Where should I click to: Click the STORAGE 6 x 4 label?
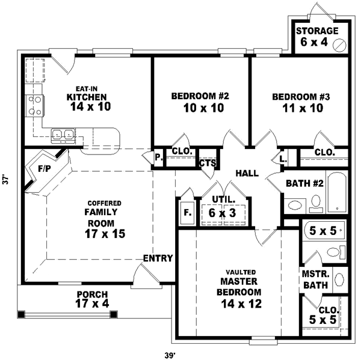point(316,37)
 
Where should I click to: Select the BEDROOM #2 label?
point(200,102)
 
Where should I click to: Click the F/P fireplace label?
point(44,169)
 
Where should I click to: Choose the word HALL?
point(247,173)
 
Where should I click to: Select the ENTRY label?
point(158,258)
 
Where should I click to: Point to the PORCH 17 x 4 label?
point(92,300)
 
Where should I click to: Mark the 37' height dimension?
point(6,179)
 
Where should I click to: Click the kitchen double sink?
point(63,135)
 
